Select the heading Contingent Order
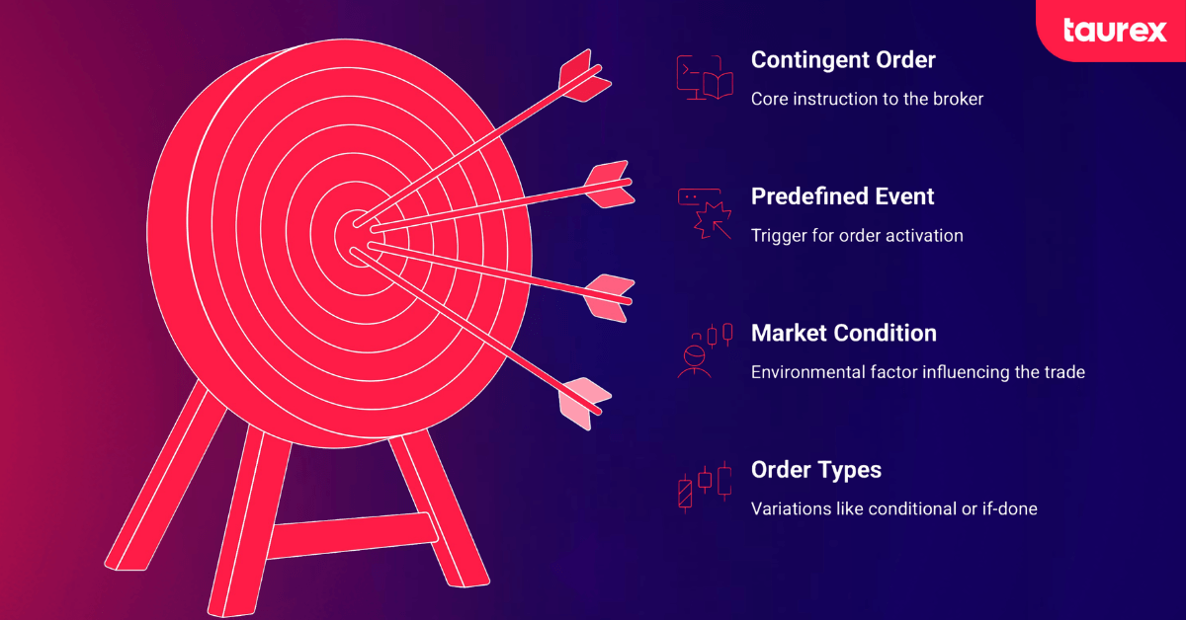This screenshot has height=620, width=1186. (x=842, y=60)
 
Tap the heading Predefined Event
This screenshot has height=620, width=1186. (x=842, y=196)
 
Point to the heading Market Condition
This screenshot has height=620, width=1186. (x=843, y=334)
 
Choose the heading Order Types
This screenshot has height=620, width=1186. (x=815, y=470)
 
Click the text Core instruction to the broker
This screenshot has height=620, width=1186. (x=867, y=99)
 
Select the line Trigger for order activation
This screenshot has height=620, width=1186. (x=856, y=236)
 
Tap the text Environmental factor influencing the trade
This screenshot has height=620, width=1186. (x=918, y=373)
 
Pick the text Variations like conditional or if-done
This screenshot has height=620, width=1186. (x=893, y=509)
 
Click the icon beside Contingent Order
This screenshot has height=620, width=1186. (x=703, y=78)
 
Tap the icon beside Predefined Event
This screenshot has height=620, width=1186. (x=703, y=214)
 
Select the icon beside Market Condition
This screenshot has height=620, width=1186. (x=704, y=350)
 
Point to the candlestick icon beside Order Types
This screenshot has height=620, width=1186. (x=704, y=487)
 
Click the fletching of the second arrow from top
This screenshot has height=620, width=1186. (x=607, y=185)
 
